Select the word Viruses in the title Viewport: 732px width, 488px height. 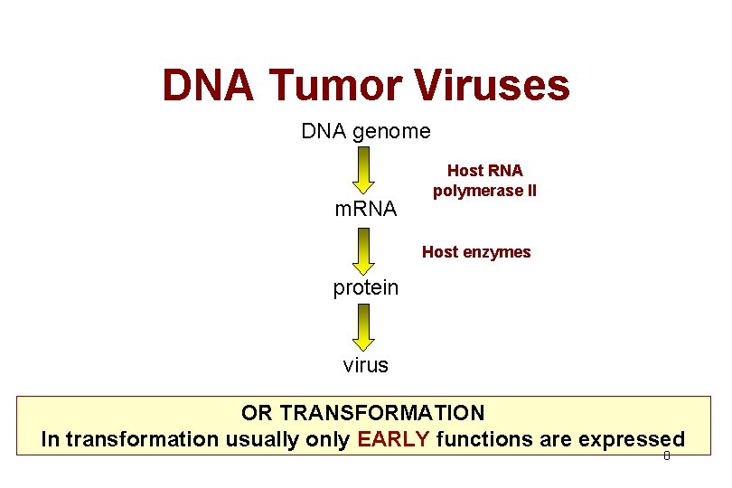(x=493, y=86)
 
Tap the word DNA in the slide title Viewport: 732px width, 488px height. (x=210, y=86)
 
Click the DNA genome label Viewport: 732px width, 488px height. (x=366, y=131)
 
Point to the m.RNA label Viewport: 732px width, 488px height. (x=365, y=210)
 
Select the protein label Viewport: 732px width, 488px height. (x=365, y=287)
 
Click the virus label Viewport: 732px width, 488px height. (x=365, y=365)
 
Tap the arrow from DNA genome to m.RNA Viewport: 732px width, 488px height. (x=363, y=171)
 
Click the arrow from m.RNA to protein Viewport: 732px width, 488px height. (x=363, y=250)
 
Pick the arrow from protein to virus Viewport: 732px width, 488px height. (x=363, y=327)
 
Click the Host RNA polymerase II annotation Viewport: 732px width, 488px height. (x=484, y=181)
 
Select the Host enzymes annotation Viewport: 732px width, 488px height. (x=476, y=252)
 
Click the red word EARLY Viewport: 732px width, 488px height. (x=393, y=440)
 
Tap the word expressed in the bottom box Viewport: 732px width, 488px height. (x=632, y=440)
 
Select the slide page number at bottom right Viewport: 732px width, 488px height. (x=666, y=456)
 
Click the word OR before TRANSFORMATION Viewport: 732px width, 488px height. (x=258, y=413)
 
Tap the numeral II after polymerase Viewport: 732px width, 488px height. (x=530, y=191)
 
